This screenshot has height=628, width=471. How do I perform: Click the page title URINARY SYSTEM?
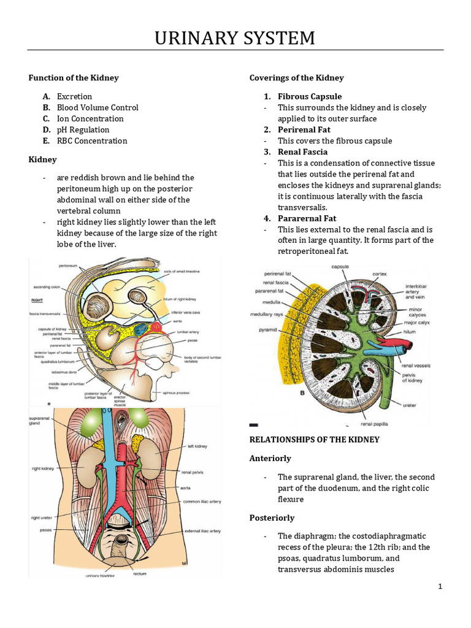click(x=235, y=39)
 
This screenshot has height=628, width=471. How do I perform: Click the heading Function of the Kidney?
click(x=74, y=78)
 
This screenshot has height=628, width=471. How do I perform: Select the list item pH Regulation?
click(x=83, y=129)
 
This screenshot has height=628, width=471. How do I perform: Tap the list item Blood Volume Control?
click(x=98, y=107)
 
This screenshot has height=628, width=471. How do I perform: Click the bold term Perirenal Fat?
click(x=304, y=129)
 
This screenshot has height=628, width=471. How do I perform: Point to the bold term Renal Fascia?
click(x=302, y=151)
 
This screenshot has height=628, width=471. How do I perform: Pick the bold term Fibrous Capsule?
click(x=310, y=96)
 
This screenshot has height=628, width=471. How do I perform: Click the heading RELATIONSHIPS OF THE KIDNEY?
click(x=315, y=440)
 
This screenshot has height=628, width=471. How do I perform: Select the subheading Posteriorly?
click(x=272, y=518)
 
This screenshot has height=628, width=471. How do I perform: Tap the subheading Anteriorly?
click(x=270, y=458)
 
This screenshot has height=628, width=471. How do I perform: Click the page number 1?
click(x=440, y=587)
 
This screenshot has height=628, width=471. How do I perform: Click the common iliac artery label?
click(x=201, y=501)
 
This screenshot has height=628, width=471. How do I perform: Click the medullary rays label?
click(x=266, y=315)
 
